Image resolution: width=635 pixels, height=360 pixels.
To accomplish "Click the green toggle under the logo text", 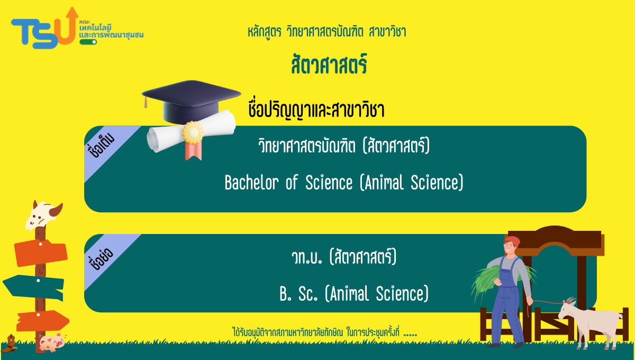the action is coord(88,42).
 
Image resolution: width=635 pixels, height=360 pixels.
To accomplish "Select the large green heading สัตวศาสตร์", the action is coord(329,65).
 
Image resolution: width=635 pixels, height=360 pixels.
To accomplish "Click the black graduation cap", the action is coord(192,101).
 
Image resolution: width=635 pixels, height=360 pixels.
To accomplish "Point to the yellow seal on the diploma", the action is coord(193,132).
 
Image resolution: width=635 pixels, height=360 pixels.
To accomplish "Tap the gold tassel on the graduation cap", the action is coord(146,102).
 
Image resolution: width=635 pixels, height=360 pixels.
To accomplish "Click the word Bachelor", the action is coord(252,182).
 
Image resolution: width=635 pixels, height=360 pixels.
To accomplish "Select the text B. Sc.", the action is coord(298,294).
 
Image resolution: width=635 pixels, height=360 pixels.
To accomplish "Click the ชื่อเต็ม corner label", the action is coord(101,145).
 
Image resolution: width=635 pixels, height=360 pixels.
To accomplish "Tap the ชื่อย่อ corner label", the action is coord(101,259).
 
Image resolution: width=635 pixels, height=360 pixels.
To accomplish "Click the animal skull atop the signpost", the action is coord(43,215).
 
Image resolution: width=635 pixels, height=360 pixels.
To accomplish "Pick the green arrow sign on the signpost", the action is coord(33,287).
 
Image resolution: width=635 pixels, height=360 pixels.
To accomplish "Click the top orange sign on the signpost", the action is coord(41,253).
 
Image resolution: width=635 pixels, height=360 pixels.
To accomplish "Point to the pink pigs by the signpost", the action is coord(52,343).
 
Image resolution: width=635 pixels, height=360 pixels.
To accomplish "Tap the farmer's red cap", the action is coord(513,241).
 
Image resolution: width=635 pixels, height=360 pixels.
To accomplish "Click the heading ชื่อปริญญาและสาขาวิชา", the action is coord(316,110).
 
